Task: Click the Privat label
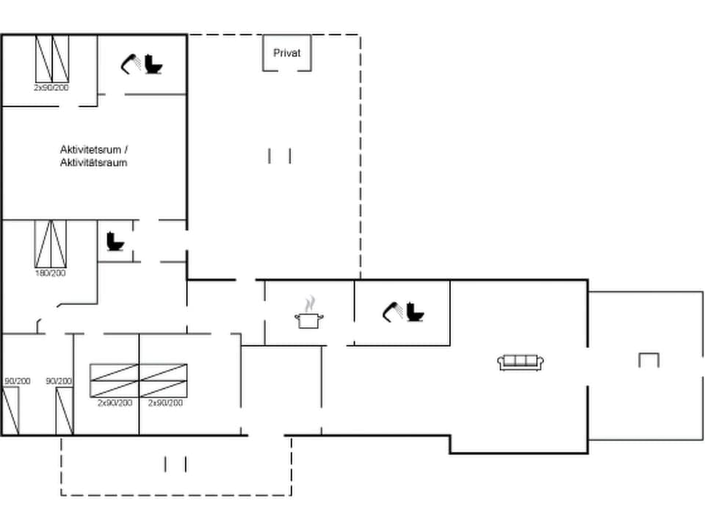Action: tap(286, 53)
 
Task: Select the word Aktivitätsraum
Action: tap(93, 162)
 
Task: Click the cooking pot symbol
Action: tap(309, 320)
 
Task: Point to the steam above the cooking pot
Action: tap(311, 303)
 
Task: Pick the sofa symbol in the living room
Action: tap(521, 361)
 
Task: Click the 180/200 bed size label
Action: tap(51, 273)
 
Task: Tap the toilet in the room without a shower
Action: tap(115, 241)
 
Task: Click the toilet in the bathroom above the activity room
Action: tap(154, 65)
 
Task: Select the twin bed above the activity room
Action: tap(52, 59)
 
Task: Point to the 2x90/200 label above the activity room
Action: tap(51, 87)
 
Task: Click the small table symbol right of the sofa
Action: tap(648, 360)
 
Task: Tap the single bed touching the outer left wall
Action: tap(10, 411)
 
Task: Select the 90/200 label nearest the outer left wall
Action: tap(18, 381)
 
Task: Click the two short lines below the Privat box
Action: tap(280, 156)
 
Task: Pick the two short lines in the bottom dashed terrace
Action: tap(176, 464)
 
